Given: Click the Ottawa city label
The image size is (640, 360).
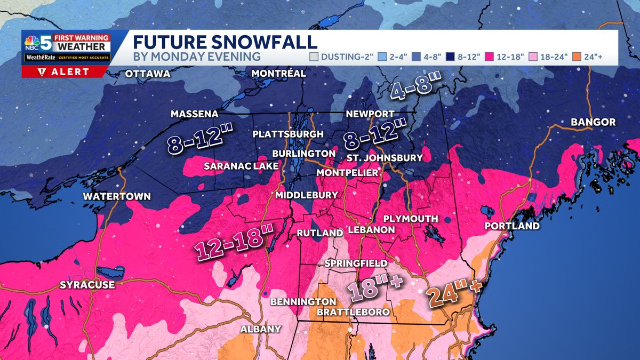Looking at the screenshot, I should point(147,74).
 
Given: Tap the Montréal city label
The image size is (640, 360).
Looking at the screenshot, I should point(278,73).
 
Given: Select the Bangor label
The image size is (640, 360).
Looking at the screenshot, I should point(593,122).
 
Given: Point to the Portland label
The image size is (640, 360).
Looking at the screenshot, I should point(512,226).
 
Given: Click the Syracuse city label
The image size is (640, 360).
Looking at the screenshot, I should point(87,284).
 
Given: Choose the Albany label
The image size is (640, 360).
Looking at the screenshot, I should point(260,329).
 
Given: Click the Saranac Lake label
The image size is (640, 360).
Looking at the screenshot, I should point(241,166).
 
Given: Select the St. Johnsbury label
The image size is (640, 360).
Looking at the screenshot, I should point(384,158).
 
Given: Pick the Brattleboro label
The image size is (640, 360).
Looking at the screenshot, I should point(353,311).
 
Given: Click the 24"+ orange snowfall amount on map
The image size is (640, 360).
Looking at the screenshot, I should point(453,292).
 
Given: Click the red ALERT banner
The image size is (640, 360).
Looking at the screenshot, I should point(65,72).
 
